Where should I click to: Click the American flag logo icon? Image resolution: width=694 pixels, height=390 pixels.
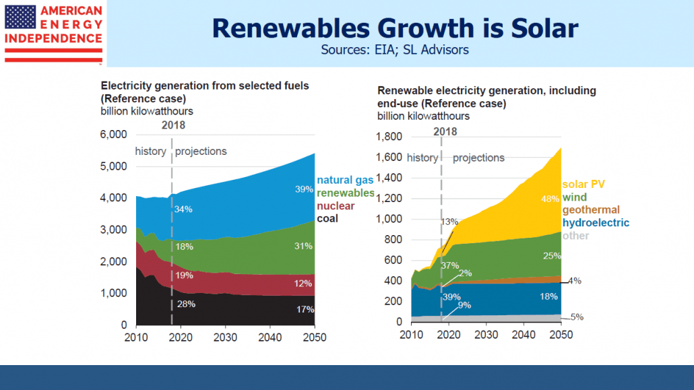coord(20,17)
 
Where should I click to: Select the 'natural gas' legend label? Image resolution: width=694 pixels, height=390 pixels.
coord(345,180)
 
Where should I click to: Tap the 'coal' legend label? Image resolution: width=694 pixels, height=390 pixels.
coord(327,218)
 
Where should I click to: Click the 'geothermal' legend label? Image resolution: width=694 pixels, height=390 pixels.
coord(591,209)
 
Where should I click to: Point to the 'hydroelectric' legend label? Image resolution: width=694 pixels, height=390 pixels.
coord(596,223)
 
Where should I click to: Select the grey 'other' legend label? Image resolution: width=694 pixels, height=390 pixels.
coord(575,236)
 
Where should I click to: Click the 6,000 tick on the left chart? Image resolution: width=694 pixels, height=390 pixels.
coord(114,135)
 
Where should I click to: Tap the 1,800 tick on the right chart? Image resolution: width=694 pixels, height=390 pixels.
coord(390,137)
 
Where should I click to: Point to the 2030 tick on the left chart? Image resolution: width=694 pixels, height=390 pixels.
coord(226,337)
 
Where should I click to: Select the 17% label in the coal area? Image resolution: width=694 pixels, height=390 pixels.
coord(305,310)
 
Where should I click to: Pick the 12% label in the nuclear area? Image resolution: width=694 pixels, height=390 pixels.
coord(303,283)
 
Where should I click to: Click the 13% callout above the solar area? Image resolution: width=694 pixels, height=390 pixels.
coord(450,222)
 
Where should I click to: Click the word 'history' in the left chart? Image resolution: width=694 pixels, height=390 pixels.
coord(150,152)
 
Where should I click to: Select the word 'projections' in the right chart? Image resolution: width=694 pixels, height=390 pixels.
coord(478,158)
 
